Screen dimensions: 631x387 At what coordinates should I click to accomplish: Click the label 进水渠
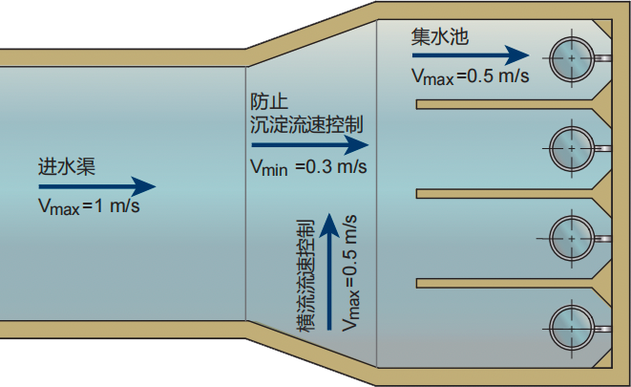click(67, 166)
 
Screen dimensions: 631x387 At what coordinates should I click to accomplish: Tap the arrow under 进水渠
click(97, 186)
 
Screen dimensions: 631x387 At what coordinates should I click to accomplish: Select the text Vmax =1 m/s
click(89, 206)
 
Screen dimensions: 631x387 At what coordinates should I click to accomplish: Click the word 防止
click(269, 102)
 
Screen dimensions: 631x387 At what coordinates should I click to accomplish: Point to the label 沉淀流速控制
click(306, 124)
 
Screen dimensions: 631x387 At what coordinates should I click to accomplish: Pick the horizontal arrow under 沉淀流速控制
click(310, 145)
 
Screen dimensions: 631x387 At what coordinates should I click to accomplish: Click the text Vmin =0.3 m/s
click(308, 166)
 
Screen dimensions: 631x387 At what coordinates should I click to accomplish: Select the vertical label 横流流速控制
click(305, 275)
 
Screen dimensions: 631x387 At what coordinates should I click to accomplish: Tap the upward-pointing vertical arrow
click(329, 271)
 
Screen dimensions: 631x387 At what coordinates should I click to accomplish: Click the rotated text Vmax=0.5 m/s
click(349, 273)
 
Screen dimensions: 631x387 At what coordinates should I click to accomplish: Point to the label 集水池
click(440, 36)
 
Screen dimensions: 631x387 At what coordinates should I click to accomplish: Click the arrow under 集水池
click(471, 55)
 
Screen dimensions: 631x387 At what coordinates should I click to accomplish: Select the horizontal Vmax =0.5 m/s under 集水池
click(470, 76)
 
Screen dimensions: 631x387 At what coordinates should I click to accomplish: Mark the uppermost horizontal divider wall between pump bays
click(505, 104)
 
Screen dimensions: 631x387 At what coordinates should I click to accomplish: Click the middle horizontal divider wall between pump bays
click(505, 194)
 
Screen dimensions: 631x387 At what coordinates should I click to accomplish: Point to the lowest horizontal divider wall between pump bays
click(505, 284)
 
